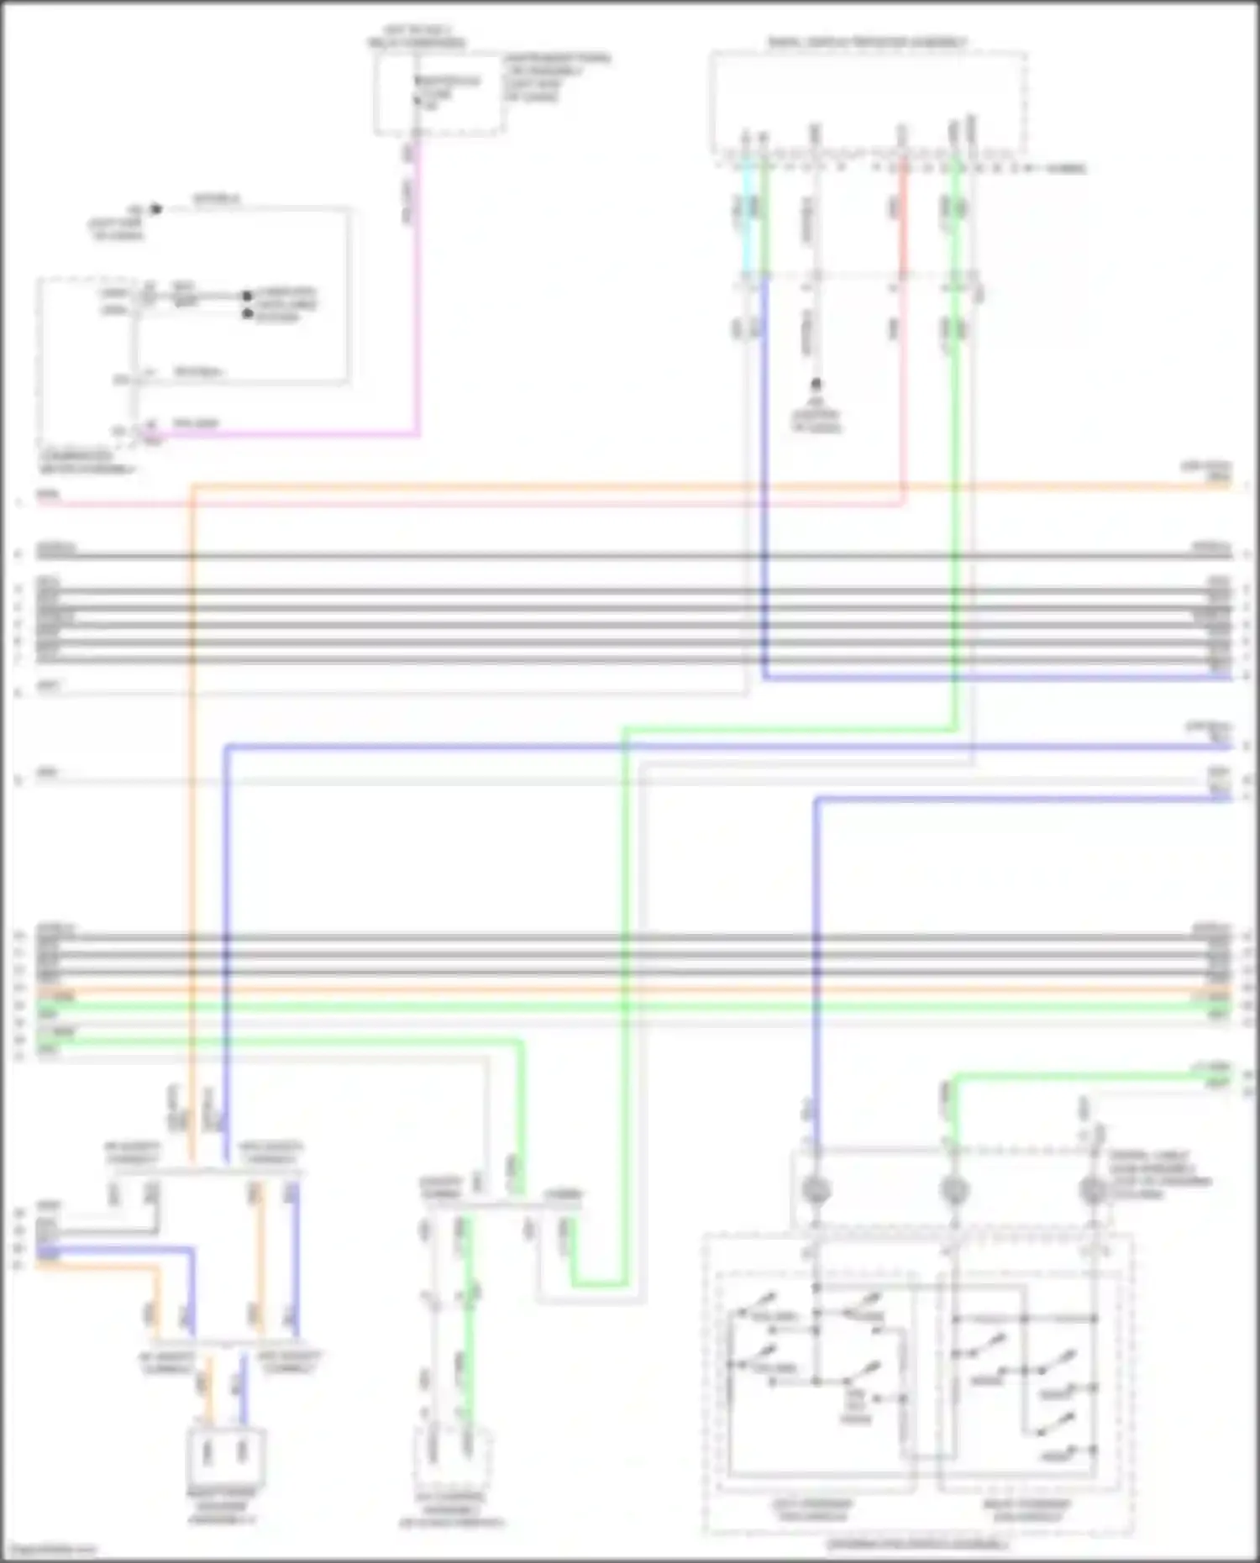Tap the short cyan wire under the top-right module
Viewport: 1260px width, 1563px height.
pos(745,218)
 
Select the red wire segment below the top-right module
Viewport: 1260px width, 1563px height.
pos(904,218)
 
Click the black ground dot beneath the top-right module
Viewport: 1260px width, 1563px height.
pos(815,385)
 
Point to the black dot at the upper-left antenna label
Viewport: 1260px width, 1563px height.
pos(155,209)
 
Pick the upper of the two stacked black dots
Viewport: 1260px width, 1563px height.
pos(247,296)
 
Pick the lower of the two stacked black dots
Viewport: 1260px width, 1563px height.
pos(247,313)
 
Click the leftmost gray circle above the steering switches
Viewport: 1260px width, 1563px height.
pos(816,1189)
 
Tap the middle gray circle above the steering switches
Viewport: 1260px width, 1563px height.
pos(954,1189)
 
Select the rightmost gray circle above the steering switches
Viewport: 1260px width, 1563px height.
pos(1093,1189)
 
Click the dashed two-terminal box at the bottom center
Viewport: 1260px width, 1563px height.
pos(452,1457)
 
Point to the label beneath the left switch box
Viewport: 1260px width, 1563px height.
pos(811,1509)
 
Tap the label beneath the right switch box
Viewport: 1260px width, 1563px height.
pos(1026,1509)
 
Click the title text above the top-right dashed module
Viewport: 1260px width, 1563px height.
pos(867,41)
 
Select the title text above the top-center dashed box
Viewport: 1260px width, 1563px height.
pos(417,36)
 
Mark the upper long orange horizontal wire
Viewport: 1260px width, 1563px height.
pos(672,485)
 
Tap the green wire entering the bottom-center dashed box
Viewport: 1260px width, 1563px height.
pos(468,1344)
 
